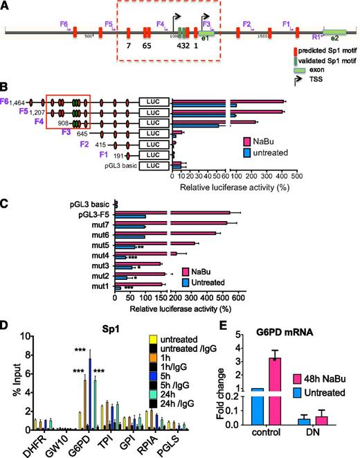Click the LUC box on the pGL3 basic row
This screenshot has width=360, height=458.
[x=154, y=166]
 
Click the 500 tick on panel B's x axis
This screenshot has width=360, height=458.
[x=337, y=177]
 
